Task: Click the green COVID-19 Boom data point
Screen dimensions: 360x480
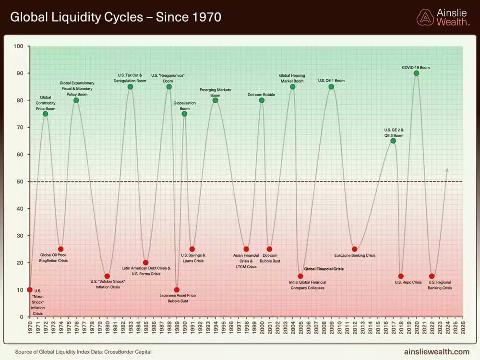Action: [416, 73]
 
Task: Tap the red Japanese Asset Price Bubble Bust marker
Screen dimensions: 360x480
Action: [177, 290]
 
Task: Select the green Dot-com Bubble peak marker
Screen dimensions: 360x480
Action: [262, 100]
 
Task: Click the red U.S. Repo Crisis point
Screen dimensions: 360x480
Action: [401, 276]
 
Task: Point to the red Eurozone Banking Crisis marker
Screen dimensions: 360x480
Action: [354, 249]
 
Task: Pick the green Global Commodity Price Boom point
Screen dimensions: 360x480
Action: [45, 114]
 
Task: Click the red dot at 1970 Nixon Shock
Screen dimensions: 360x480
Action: [30, 290]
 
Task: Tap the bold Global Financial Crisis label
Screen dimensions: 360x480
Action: [327, 270]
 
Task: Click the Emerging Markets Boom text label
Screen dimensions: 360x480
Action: [215, 93]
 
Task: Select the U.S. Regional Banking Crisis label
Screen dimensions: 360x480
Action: [440, 285]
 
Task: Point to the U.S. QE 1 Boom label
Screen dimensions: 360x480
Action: [331, 81]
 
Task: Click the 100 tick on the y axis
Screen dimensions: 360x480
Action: [19, 47]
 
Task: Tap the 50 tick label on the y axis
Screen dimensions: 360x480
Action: [20, 181]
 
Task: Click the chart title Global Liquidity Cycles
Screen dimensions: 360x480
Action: [116, 18]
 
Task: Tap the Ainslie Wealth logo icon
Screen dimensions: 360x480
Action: [425, 17]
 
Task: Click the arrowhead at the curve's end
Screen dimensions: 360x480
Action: [447, 169]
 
